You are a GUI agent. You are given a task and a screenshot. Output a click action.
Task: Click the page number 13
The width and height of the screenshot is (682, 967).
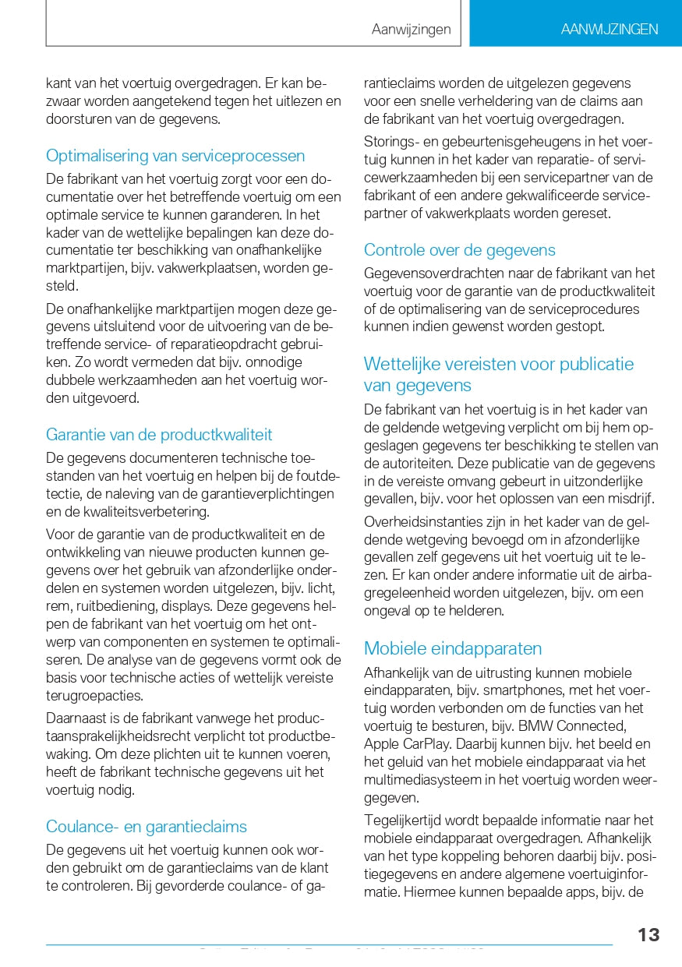coord(648,935)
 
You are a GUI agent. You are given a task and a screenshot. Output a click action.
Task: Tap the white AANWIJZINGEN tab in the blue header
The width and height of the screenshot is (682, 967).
coord(610,30)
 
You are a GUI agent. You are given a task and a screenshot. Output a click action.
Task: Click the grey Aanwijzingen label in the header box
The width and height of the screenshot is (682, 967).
coord(411,30)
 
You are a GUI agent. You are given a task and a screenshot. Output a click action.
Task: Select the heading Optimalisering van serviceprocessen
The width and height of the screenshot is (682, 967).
coord(175,156)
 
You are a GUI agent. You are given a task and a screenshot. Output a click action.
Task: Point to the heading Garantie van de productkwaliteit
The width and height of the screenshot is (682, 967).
coord(159,434)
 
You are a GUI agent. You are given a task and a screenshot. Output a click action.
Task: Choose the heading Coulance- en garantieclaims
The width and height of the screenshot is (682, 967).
coord(147,827)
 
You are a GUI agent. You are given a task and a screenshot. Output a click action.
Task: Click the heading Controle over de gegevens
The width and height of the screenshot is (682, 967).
coord(460,250)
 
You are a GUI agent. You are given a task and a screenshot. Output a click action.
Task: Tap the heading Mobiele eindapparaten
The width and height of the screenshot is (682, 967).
coord(453,648)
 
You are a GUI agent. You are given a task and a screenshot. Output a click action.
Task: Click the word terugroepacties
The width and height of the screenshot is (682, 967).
coord(94,695)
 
